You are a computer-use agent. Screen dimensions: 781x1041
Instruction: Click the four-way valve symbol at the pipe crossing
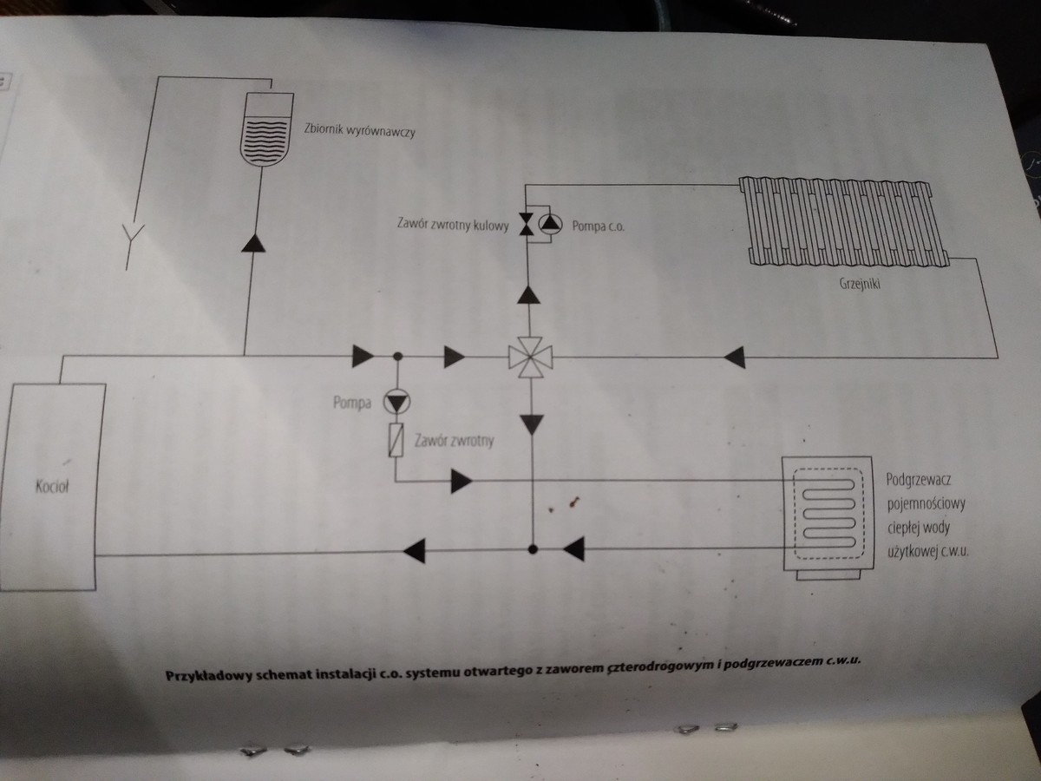(x=531, y=356)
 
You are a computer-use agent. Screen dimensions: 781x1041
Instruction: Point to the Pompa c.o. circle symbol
(x=549, y=225)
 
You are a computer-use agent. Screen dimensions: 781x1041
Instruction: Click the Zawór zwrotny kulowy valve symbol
(x=526, y=225)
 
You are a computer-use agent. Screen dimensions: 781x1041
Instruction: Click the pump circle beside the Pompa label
(x=396, y=402)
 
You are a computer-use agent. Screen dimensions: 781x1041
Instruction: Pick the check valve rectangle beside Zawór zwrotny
(x=396, y=441)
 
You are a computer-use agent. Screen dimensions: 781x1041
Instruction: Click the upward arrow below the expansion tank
(x=252, y=242)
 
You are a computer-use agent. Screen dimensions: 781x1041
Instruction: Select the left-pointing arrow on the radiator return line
(x=734, y=356)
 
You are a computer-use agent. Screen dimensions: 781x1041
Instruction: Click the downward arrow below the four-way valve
(x=532, y=423)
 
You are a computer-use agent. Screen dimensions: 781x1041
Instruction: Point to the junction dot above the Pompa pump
(x=397, y=356)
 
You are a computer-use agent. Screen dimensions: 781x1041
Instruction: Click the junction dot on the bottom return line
(x=533, y=548)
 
